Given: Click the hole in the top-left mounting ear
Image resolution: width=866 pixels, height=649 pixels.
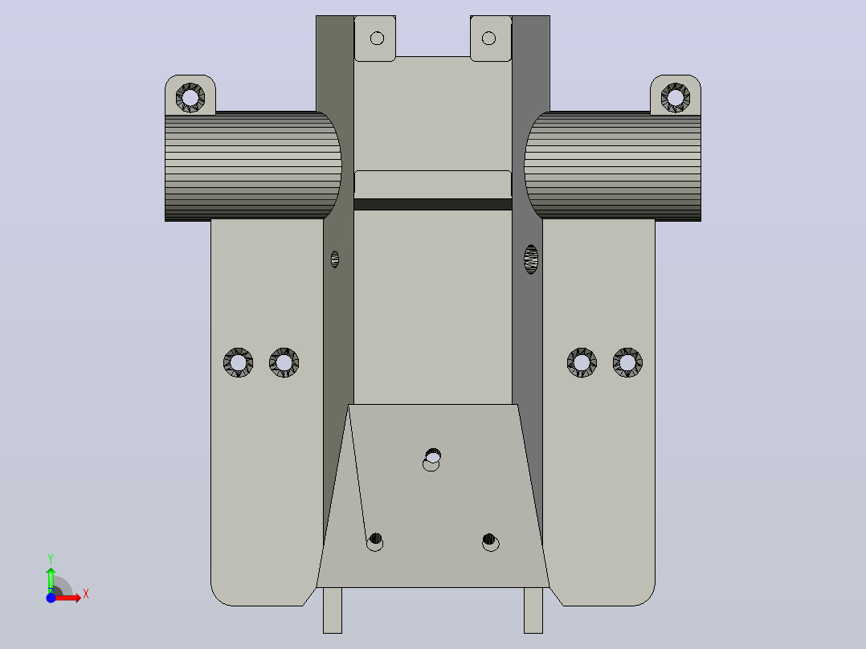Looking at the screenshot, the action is tap(190, 98).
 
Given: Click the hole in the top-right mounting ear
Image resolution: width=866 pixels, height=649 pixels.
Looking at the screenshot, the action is tap(676, 98).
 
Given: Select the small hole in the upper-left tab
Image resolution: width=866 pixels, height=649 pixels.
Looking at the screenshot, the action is tap(378, 38).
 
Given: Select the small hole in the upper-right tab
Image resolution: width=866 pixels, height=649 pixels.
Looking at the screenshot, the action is tap(488, 38).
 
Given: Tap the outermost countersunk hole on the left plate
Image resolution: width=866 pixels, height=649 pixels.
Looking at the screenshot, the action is tap(238, 363).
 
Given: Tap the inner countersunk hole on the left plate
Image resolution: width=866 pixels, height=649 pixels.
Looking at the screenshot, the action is tap(284, 363).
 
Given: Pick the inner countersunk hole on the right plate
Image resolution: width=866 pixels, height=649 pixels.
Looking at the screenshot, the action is tap(582, 363).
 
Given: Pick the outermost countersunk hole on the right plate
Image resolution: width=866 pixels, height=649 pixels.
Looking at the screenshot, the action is tap(627, 363).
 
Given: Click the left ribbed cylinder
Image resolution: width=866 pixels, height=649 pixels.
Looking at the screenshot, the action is tap(253, 165).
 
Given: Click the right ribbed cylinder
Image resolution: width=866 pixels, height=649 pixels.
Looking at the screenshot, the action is tap(612, 165).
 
